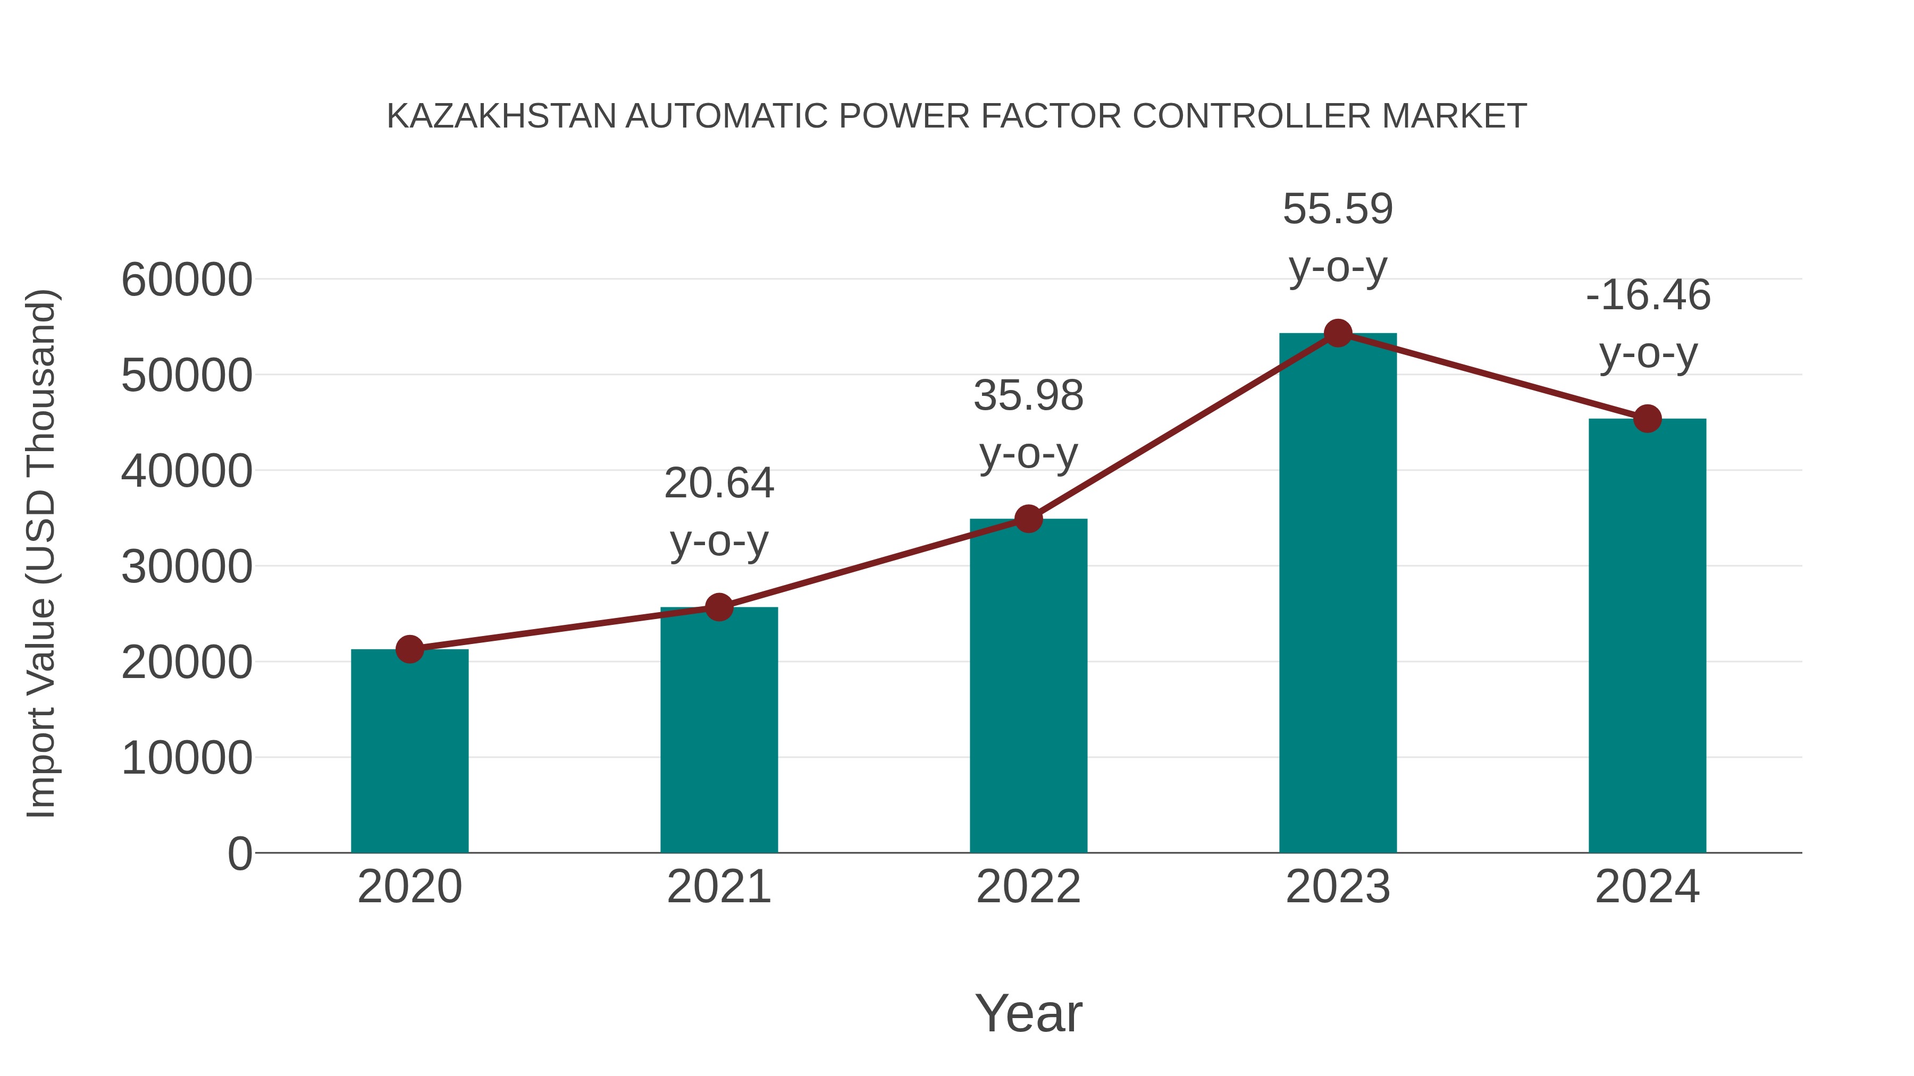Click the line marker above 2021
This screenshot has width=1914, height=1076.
coord(718,607)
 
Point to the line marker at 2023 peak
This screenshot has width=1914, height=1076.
coord(1338,333)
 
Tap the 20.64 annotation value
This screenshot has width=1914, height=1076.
coord(718,484)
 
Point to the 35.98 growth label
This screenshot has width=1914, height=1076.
coord(1028,396)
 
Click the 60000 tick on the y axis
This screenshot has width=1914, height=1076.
coord(187,281)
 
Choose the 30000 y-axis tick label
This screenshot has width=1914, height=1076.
coord(187,567)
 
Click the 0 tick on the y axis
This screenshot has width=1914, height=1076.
coord(239,853)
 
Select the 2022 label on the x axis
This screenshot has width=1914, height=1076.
coord(1028,887)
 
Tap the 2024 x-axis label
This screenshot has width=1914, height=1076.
coord(1647,887)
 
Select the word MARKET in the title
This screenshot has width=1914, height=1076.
coord(1454,116)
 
